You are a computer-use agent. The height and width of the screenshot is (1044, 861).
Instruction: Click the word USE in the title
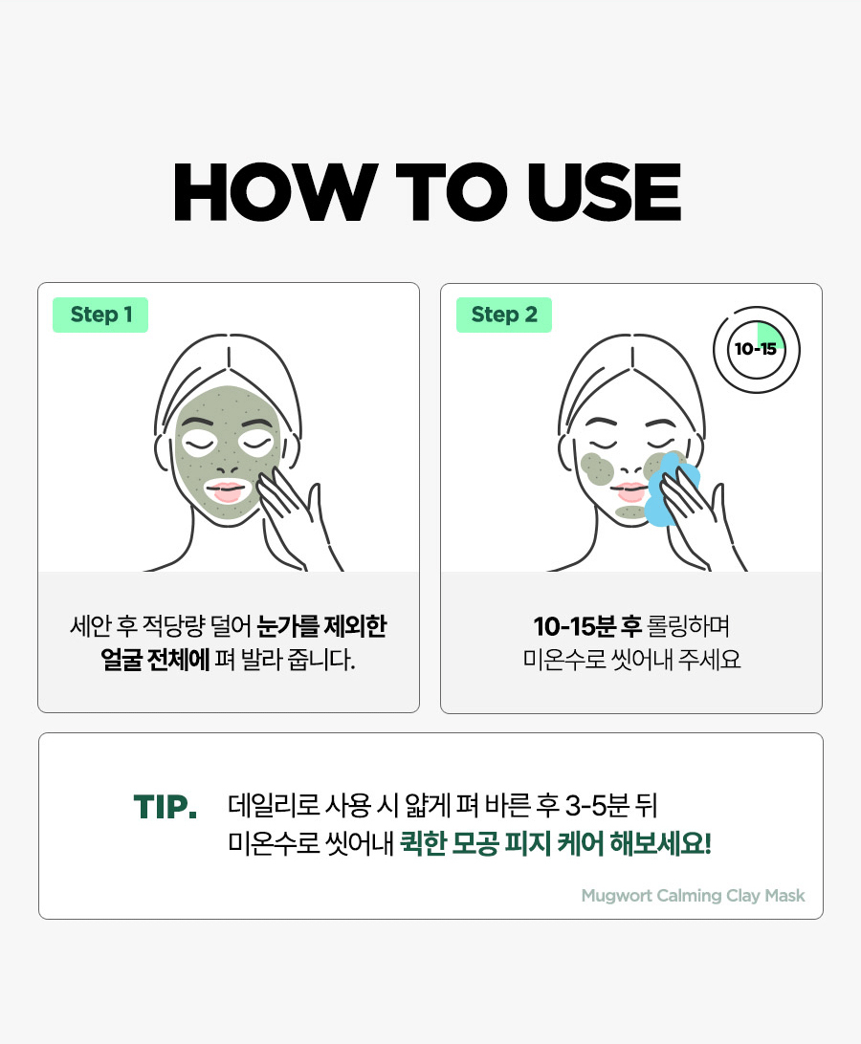(605, 192)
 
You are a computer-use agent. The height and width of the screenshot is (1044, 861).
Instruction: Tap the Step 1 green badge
(100, 315)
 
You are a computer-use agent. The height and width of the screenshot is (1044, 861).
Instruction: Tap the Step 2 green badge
(504, 315)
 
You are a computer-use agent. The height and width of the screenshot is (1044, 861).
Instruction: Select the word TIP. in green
(166, 807)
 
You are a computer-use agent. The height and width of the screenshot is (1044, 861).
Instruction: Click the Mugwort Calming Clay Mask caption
(693, 896)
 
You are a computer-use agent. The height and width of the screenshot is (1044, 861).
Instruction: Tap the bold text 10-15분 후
(587, 626)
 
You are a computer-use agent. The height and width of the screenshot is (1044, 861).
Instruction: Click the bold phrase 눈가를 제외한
(321, 626)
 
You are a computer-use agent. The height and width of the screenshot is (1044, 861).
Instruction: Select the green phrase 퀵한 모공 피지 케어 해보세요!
(556, 843)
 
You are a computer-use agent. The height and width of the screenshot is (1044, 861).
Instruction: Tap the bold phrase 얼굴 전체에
(155, 660)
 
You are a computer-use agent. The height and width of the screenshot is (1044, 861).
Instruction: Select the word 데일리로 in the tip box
(274, 806)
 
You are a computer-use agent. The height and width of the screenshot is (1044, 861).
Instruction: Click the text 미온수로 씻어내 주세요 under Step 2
(631, 660)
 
